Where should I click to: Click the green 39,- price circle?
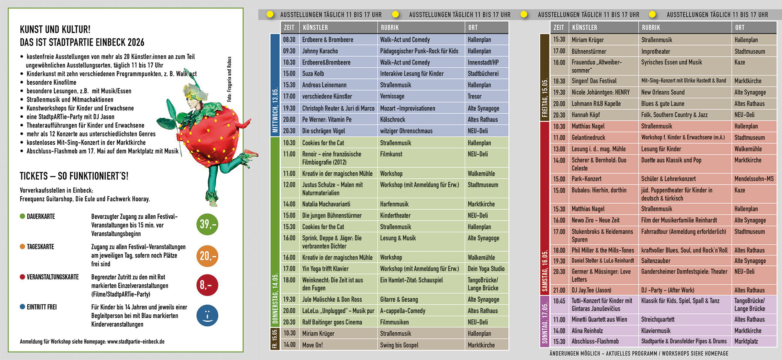[x=207, y=224]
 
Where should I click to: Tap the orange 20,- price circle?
[x=207, y=256]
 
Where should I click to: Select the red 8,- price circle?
[x=207, y=285]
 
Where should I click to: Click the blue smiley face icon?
[x=207, y=316]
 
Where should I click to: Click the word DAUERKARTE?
[x=41, y=217]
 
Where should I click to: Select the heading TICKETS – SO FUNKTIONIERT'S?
[x=74, y=176]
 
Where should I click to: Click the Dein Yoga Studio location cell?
[x=486, y=269]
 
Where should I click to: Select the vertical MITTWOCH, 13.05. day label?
[x=275, y=110]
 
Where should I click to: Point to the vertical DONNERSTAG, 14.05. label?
[x=275, y=299]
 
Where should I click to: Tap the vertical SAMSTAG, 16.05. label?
[x=545, y=271]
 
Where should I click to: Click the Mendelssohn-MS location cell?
[x=754, y=179]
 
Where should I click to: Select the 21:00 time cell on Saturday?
[x=559, y=290]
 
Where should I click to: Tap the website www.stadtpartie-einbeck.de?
[x=136, y=342]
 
